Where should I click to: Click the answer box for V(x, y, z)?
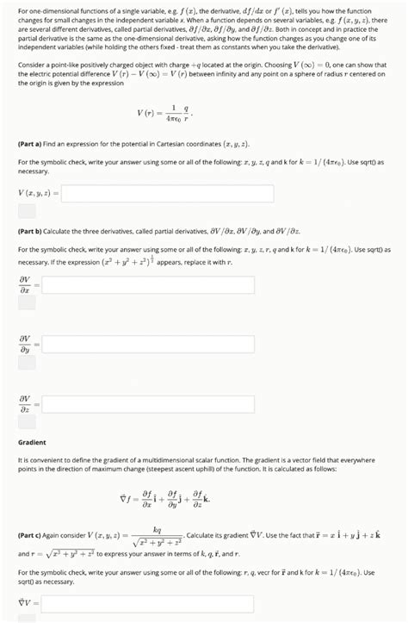point(167,193)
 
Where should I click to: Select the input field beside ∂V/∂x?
point(147,284)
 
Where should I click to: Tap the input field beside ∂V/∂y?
point(147,345)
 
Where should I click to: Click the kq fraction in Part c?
point(158,535)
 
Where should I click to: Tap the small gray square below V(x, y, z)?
point(27,211)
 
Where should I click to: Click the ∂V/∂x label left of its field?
point(25,284)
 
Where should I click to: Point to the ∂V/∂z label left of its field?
point(25,403)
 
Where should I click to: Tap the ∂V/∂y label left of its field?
point(25,345)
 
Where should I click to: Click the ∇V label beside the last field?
point(24,603)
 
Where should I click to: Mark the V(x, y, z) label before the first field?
point(36,193)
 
